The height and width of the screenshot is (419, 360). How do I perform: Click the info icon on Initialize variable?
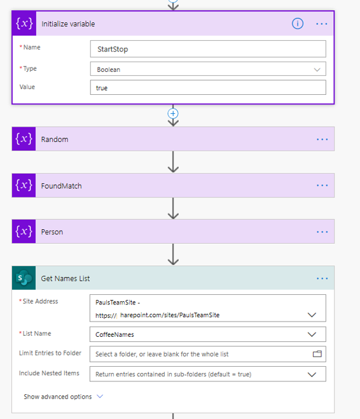pyautogui.click(x=297, y=24)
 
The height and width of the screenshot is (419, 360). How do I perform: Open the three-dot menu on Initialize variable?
pyautogui.click(x=322, y=24)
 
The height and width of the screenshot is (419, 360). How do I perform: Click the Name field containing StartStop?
pyautogui.click(x=208, y=49)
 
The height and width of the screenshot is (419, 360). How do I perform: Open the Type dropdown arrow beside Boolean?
pyautogui.click(x=317, y=69)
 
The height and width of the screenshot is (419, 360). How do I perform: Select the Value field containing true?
pyautogui.click(x=208, y=87)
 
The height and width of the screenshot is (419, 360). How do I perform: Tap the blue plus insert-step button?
pyautogui.click(x=173, y=113)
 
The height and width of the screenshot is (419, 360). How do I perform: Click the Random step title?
pyautogui.click(x=55, y=139)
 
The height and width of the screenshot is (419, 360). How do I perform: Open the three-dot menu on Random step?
pyautogui.click(x=322, y=139)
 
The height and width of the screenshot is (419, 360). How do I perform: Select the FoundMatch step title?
pyautogui.click(x=62, y=186)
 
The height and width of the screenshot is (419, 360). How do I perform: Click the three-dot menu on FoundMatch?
pyautogui.click(x=322, y=185)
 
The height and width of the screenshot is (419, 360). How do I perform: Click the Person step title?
pyautogui.click(x=52, y=232)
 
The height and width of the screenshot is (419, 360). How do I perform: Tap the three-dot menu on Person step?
pyautogui.click(x=322, y=232)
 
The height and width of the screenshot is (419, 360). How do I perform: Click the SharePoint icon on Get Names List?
pyautogui.click(x=24, y=278)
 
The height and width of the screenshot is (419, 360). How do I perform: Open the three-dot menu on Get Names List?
pyautogui.click(x=322, y=278)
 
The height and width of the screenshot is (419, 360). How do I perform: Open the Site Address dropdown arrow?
pyautogui.click(x=312, y=315)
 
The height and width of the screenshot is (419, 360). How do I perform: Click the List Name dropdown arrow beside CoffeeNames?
pyautogui.click(x=312, y=334)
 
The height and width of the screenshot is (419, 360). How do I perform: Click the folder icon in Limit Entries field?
pyautogui.click(x=317, y=354)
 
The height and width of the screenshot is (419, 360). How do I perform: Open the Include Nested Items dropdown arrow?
pyautogui.click(x=312, y=374)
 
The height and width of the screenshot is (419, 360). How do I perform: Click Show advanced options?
pyautogui.click(x=58, y=397)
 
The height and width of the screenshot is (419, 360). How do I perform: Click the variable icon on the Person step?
pyautogui.click(x=24, y=231)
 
